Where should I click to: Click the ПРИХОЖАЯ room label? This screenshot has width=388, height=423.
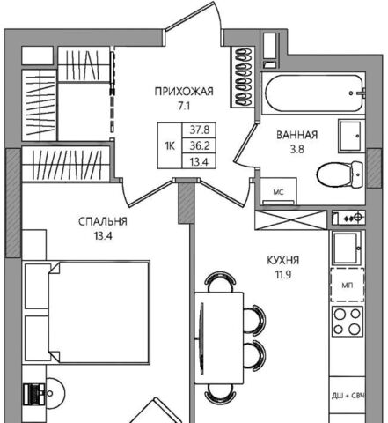pos(184,92)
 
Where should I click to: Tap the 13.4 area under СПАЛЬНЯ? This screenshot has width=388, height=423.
pos(103,236)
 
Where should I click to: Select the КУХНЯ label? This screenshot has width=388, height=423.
pos(283,260)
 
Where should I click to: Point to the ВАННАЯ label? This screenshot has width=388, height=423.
pos(297,135)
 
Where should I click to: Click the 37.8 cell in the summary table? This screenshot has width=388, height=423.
pos(200,130)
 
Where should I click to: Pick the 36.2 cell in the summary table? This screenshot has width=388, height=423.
pos(200,145)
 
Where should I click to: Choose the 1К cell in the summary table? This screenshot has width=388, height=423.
pos(170,145)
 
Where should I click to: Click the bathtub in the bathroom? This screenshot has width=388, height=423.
pos(313,93)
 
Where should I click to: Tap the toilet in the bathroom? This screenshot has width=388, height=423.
pos(340,174)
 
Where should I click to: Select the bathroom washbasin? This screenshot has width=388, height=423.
pos(351,136)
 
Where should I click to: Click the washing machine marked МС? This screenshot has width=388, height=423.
pos(278,191)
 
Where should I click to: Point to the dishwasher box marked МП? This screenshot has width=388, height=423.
pos(348,285)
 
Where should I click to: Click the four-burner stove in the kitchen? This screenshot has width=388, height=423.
pos(348,321)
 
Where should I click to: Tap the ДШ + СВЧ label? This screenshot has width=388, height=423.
pos(348,396)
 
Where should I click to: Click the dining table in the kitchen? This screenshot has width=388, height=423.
pos(219,338)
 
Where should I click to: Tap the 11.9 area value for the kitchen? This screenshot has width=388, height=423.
pos(283,275)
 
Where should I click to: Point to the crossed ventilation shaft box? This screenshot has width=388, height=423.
pos(290,220)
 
